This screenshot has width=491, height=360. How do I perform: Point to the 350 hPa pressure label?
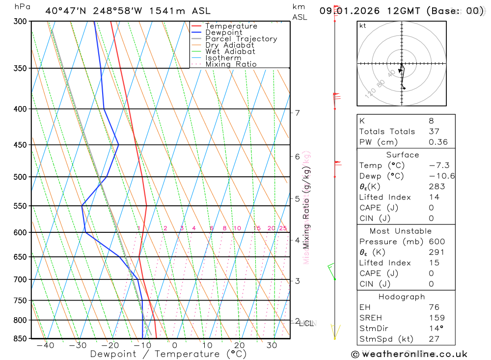tap(20, 68)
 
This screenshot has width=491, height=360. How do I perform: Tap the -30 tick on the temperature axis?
tap(78, 345)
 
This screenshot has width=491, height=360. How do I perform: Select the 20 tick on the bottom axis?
tap(239, 345)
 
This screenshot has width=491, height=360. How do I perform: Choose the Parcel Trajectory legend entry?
tap(241, 39)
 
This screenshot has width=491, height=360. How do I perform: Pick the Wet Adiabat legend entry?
tap(230, 52)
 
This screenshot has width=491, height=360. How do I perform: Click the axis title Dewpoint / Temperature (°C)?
tap(168, 354)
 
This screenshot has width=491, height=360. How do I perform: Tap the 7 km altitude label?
tap(297, 113)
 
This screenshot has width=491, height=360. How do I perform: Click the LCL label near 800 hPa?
tap(306, 324)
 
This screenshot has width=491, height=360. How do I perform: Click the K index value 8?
tap(431, 121)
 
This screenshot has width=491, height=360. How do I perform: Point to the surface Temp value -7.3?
tap(438, 166)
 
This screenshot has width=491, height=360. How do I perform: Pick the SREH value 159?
tap(436, 318)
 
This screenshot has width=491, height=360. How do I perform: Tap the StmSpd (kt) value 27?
tap(434, 339)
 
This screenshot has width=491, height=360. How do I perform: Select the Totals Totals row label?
tap(387, 132)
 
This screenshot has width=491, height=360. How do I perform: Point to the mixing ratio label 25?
tap(283, 228)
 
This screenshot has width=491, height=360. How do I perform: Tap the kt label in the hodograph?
tap(363, 26)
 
